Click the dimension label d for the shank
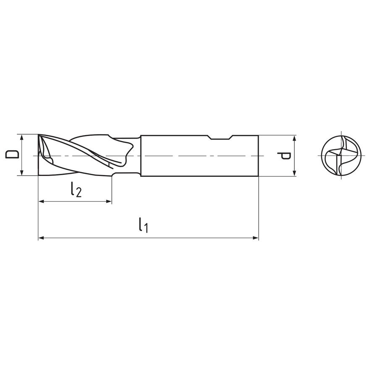pyautogui.click(x=284, y=156)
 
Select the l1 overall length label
pyautogui.click(x=143, y=225)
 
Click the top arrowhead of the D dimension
pyautogui.click(x=22, y=137)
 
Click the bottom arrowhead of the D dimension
pyautogui.click(x=22, y=173)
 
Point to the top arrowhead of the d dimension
pyautogui.click(x=294, y=138)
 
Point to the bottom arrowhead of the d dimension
pyautogui.click(x=294, y=173)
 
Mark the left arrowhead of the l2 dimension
pyautogui.click(x=41, y=201)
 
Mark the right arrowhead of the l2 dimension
pyautogui.click(x=109, y=201)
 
